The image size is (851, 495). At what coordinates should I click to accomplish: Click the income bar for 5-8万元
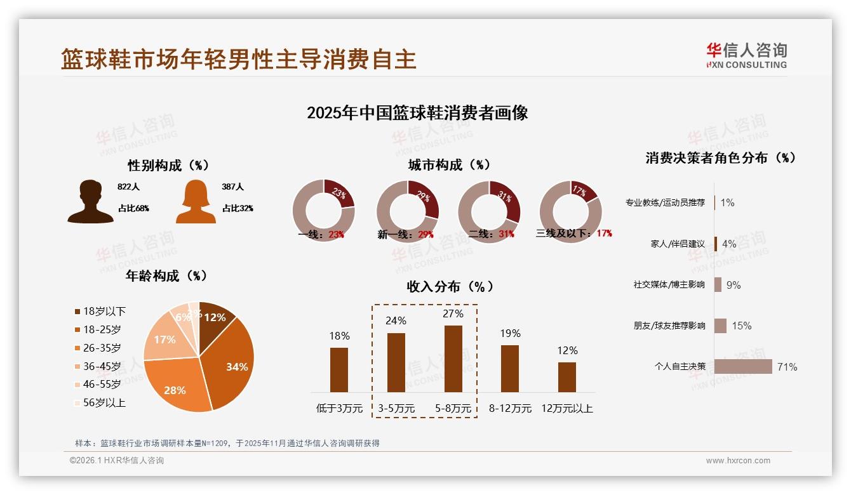(453, 359)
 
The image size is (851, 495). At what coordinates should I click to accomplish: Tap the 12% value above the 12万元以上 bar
(567, 350)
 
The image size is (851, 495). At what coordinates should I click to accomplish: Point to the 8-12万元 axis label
(510, 409)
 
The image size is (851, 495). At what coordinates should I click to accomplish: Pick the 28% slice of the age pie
(177, 388)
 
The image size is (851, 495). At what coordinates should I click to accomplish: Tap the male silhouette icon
(90, 201)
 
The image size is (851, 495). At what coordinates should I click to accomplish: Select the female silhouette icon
(196, 201)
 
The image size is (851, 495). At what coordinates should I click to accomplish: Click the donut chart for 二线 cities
(489, 211)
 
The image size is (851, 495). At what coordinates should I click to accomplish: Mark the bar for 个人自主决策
(743, 367)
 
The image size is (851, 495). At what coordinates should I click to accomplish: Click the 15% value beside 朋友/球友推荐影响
(741, 326)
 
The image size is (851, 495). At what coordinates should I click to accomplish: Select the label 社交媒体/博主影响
(669, 285)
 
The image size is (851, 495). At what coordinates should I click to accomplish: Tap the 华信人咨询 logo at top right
(746, 55)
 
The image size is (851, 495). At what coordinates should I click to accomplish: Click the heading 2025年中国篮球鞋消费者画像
(417, 114)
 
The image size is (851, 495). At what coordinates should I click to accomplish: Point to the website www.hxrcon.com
(738, 461)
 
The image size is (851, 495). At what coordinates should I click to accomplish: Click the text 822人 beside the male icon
(128, 187)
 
